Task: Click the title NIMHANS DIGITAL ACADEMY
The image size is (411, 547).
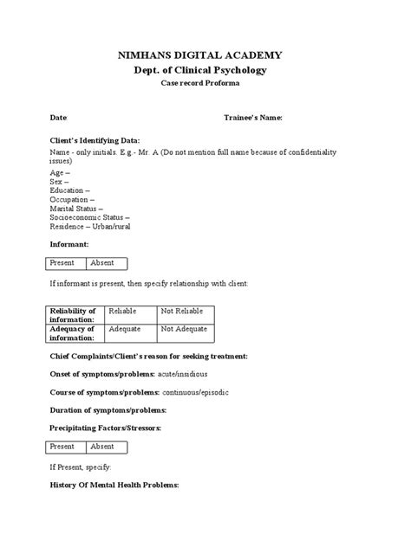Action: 205,55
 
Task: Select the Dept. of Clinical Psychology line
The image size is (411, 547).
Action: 205,69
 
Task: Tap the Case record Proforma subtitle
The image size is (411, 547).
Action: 205,83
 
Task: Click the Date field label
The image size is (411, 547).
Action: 58,117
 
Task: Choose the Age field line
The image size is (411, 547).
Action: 60,173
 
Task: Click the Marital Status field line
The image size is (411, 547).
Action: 76,208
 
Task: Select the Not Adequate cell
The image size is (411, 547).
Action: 183,330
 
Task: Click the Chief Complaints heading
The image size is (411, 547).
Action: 148,356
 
